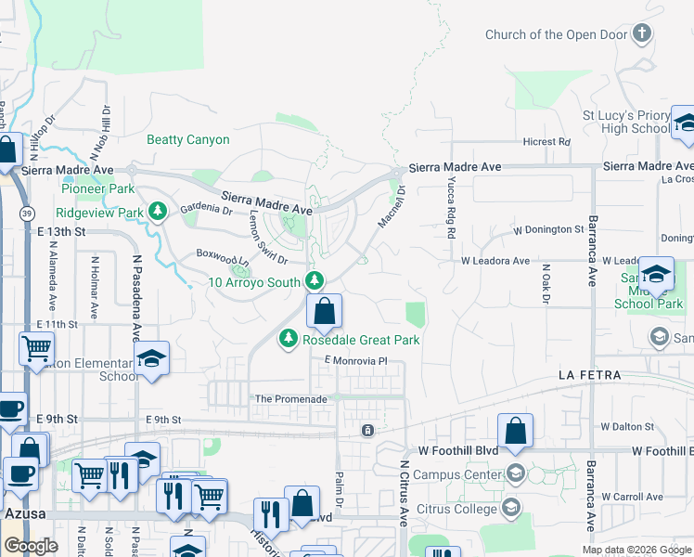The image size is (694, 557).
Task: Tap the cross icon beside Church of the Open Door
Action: [x=641, y=34]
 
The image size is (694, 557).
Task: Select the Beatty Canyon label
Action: [x=188, y=139]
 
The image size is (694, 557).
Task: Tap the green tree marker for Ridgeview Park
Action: [x=158, y=212]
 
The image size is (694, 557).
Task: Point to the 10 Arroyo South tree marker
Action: [x=315, y=279]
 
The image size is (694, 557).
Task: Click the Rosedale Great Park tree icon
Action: [x=290, y=340]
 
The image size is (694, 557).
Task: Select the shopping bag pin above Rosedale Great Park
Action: [x=324, y=312]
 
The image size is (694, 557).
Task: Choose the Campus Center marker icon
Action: [x=515, y=474]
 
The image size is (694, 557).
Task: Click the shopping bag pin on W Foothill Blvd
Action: [x=515, y=432]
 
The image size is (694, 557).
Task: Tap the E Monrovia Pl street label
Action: [x=353, y=360]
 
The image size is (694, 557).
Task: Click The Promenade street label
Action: [x=290, y=399]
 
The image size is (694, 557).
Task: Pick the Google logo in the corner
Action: [x=32, y=546]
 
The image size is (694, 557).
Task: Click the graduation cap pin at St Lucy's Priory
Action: [x=686, y=124]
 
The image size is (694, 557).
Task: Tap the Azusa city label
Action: [x=20, y=512]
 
